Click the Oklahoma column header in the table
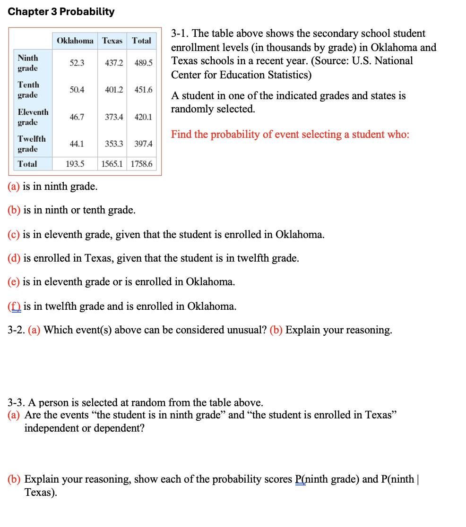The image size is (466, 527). coord(75,41)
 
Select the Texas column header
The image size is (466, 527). coord(112,41)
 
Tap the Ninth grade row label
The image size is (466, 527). coord(28,63)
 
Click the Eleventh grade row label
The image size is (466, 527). coord(33,117)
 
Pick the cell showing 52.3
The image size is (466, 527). coord(77,63)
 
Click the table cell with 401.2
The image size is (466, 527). coord(114,90)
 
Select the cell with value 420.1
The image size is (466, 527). coord(144,117)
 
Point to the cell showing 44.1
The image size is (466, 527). coord(77,144)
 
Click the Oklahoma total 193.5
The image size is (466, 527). coord(75,164)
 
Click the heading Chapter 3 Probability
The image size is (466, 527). coord(61,11)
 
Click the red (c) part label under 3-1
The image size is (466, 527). coord(14,235)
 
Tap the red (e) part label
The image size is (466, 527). coord(14,282)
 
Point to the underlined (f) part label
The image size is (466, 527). coord(14,306)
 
